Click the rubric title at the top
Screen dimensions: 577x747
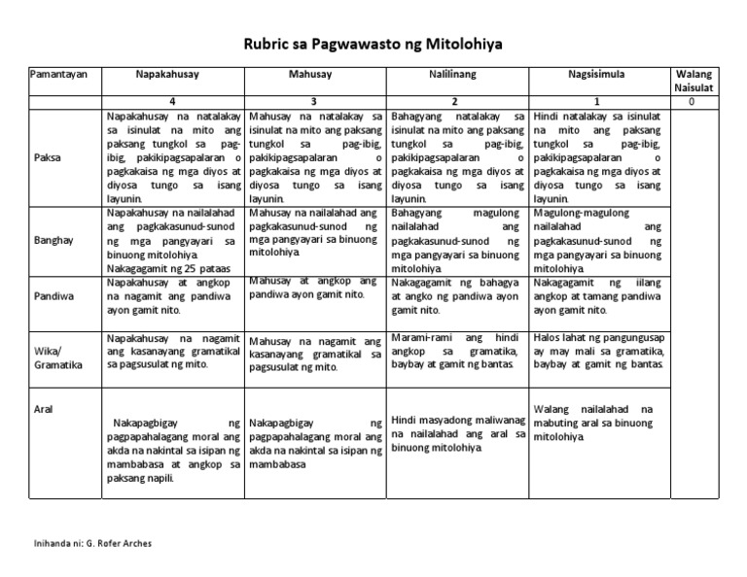[x=373, y=45]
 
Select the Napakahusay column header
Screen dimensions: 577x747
[x=173, y=75]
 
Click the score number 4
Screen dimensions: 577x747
[x=173, y=102]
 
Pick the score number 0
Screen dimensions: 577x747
[x=692, y=102]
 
